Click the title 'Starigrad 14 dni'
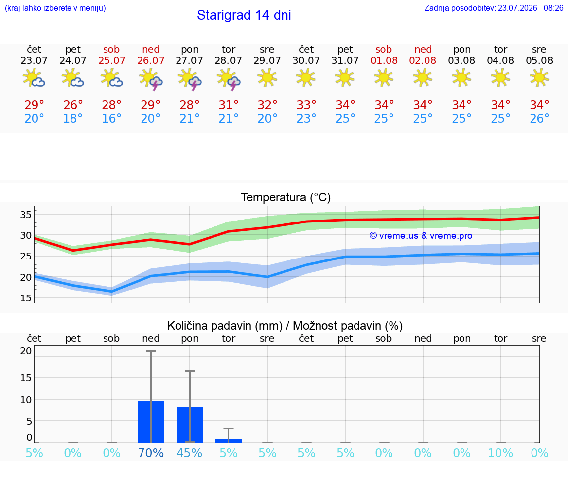click(x=244, y=15)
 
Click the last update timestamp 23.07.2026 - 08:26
click(x=531, y=8)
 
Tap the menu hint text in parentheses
click(x=55, y=8)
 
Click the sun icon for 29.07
click(x=267, y=77)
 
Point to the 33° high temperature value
click(x=307, y=105)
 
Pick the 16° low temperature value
click(x=111, y=118)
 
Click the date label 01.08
click(x=384, y=61)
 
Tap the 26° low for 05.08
click(x=539, y=118)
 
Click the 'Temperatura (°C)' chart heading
click(x=286, y=197)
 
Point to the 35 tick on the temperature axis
click(x=26, y=215)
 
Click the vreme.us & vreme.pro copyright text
click(x=421, y=236)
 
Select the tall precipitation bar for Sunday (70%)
click(x=151, y=422)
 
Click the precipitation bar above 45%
click(x=189, y=424)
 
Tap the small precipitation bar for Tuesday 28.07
click(x=229, y=441)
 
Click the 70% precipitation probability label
click(x=151, y=453)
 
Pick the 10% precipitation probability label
click(x=500, y=453)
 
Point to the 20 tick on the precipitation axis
click(x=26, y=351)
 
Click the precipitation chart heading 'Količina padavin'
click(x=225, y=326)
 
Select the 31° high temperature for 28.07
click(x=229, y=105)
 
